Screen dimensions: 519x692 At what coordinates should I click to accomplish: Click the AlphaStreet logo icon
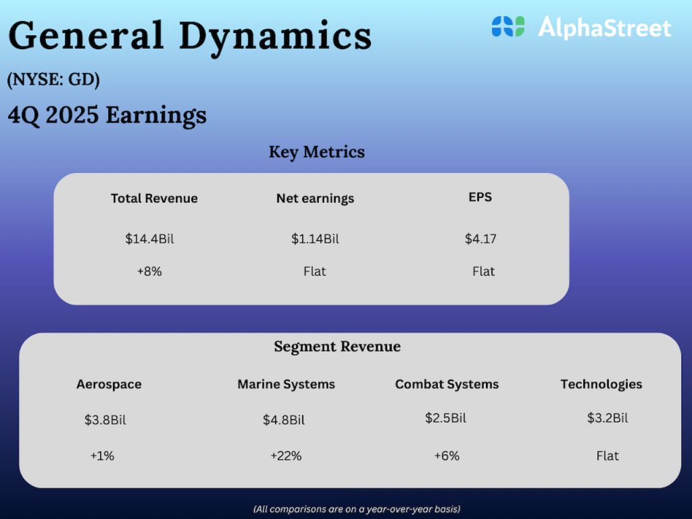click(508, 27)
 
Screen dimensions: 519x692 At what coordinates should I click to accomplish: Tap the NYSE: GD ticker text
click(53, 80)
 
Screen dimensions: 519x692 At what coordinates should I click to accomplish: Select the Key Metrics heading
click(316, 152)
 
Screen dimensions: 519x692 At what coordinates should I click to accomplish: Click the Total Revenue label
click(154, 198)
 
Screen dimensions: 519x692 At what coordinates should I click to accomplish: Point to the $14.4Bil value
click(149, 239)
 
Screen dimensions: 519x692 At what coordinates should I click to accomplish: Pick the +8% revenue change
click(149, 272)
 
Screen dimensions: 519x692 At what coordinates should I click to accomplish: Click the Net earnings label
click(315, 198)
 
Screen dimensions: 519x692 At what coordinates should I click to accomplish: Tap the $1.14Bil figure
click(315, 239)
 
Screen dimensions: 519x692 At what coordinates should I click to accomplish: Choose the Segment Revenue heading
click(337, 347)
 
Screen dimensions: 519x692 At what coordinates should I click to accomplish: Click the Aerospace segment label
click(109, 385)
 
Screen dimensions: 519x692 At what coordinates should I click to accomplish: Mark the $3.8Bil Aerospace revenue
click(105, 420)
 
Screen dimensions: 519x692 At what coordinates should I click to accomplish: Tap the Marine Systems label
click(286, 385)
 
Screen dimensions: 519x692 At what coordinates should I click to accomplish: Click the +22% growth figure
click(286, 456)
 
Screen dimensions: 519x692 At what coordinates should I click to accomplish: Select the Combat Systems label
click(447, 385)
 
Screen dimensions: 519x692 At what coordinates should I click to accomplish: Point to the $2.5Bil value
click(445, 418)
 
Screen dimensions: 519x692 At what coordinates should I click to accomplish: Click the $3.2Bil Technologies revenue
click(607, 418)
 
